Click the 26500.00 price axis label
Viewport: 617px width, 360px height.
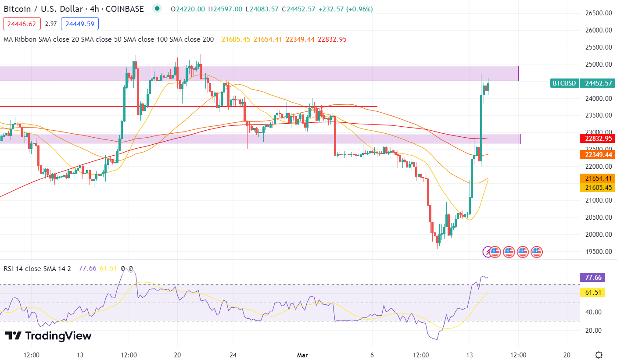(599, 13)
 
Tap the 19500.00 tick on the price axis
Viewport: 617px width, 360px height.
(599, 251)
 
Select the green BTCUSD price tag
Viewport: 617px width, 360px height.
(564, 83)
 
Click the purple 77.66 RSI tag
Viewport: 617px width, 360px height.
(592, 277)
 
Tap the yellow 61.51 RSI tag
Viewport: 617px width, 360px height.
(592, 292)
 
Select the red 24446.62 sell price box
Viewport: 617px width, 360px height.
(22, 24)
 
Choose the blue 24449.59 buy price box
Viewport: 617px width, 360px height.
(80, 24)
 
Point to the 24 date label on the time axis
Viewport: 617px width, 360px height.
(233, 355)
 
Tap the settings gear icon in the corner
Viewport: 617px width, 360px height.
(599, 355)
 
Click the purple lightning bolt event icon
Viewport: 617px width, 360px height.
(487, 252)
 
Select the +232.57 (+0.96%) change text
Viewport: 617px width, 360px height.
(346, 9)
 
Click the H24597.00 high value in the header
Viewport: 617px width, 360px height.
(225, 9)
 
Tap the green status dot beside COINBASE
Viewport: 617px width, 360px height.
(157, 9)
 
